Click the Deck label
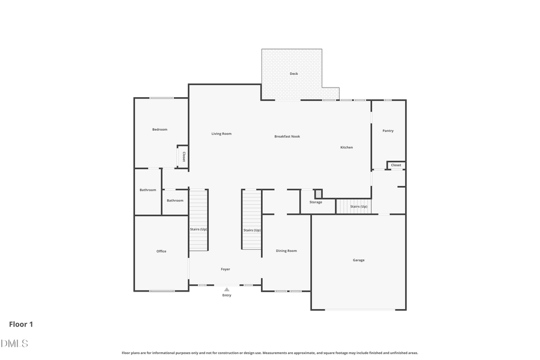293,74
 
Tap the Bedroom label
160,130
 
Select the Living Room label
221,134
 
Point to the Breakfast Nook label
287,137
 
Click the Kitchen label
346,148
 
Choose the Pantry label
388,131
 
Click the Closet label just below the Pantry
396,165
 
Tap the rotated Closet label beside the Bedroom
184,157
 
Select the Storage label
316,202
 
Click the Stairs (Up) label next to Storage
359,206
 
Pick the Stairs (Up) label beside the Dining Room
252,230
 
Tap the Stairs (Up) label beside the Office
199,230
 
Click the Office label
161,251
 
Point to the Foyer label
225,269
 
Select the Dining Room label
286,251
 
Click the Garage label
358,260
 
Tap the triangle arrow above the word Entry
227,289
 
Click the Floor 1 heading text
21,325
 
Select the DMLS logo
14,343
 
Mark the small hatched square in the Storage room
318,194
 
